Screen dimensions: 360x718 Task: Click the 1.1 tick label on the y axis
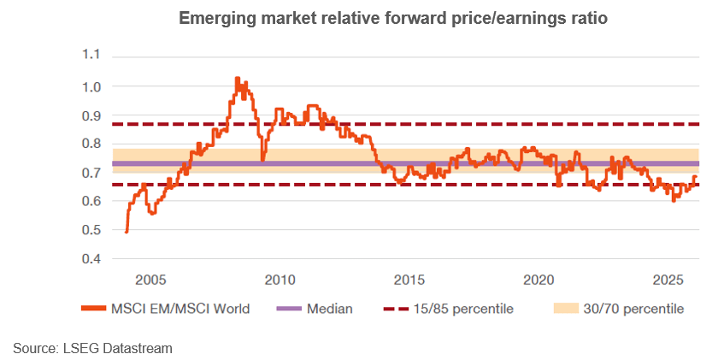click(90, 56)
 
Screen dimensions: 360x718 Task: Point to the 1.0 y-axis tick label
click(90, 86)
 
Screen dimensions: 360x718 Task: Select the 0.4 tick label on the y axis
click(90, 258)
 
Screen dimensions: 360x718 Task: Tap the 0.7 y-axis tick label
click(90, 173)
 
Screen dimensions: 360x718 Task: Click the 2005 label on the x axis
click(150, 280)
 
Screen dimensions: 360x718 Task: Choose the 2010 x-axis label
click(280, 280)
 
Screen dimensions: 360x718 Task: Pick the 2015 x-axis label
click(409, 280)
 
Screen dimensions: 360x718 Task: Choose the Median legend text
click(330, 309)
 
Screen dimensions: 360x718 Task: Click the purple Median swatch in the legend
click(285, 309)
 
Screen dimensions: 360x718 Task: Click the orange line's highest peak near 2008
click(237, 78)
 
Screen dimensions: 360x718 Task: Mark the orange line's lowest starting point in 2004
click(127, 231)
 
